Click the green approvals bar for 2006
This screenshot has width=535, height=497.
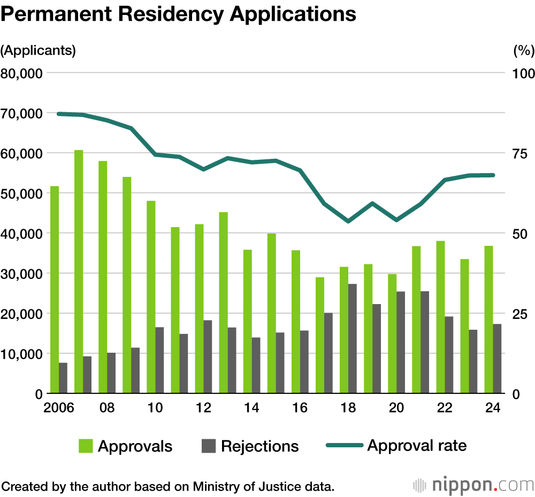55,290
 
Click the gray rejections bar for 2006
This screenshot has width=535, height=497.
63,378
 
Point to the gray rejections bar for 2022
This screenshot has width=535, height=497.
449,355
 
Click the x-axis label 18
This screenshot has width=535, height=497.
348,408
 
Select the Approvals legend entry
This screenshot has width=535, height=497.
125,446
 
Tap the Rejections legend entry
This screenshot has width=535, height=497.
250,446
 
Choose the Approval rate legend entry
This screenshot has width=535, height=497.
396,445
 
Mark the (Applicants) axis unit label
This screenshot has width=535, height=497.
39,51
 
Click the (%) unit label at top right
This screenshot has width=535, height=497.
523,51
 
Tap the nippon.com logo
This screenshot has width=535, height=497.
473,485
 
